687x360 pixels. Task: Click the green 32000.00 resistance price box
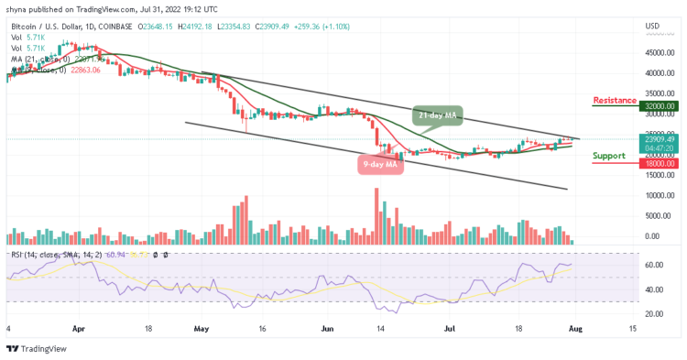[x=660, y=106]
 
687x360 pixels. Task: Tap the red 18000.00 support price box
[x=660, y=164]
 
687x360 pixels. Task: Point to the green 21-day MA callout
[x=437, y=116]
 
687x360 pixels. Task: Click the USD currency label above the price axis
[x=653, y=25]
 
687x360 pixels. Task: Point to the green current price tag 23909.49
[x=660, y=138]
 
